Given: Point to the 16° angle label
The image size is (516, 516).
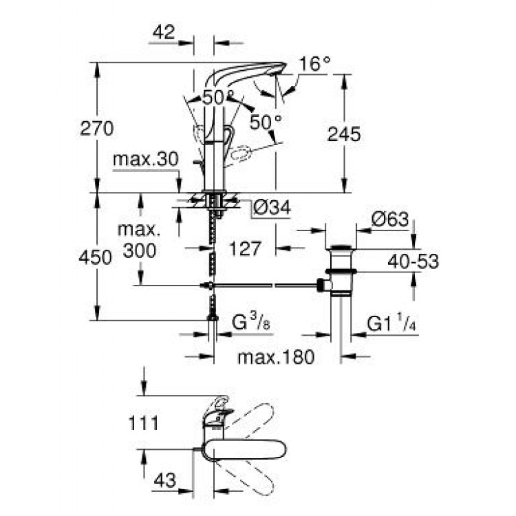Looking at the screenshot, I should pos(314,65).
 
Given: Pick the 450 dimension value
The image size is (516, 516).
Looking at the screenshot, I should pos(95,258).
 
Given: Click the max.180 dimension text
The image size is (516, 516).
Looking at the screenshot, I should pos(275,357).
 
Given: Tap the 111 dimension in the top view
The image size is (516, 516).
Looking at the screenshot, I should pos(143,422).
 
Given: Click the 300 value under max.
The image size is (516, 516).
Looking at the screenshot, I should pos(140,251).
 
